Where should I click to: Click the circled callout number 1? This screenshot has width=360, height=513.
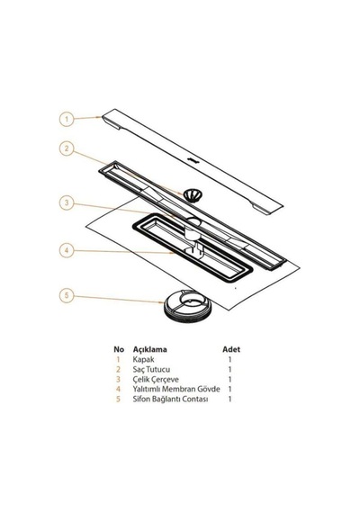(67, 119)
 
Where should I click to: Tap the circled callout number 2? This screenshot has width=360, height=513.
(67, 148)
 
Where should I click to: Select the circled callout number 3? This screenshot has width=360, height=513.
(67, 202)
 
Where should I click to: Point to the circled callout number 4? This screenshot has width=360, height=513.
(67, 251)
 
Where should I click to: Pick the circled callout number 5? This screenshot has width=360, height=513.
(67, 296)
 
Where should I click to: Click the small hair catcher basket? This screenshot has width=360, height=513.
(192, 195)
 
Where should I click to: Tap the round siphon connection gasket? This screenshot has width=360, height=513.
(188, 309)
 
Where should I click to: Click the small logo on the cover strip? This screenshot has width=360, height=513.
(193, 160)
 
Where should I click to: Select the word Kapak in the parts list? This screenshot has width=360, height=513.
(143, 359)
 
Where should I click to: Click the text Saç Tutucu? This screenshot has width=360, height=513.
(151, 369)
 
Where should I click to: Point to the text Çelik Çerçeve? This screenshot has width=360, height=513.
(156, 380)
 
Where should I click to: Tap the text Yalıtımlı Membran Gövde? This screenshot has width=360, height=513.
(176, 389)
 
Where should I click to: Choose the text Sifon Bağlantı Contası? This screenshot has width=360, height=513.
(170, 399)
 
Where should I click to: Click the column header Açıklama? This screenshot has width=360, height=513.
(150, 349)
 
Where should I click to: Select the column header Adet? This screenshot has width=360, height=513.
(231, 349)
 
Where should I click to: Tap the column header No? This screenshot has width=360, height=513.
(119, 349)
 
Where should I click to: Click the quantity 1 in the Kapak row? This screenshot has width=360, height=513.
(229, 359)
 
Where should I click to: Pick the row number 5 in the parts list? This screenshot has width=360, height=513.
(118, 399)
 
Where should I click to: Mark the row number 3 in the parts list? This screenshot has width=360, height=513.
(118, 379)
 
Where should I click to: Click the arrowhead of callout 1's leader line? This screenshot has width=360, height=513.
(99, 116)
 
